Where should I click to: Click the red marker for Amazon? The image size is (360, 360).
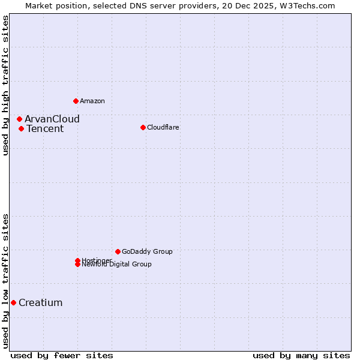coord(76,101)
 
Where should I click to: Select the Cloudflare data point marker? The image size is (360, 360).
coord(143,127)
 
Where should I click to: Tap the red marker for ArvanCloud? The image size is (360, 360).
coord(19,119)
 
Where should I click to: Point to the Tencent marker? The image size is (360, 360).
coord(21,128)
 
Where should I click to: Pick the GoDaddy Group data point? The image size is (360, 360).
coord(118,251)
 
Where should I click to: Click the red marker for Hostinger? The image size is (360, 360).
coord(77,260)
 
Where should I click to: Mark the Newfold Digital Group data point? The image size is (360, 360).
coord(77,265)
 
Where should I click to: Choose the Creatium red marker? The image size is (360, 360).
coord(13,302)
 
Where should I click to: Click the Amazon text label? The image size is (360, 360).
coord(92,101)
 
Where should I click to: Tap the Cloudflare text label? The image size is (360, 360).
coord(163,127)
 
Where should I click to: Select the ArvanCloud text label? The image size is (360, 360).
coord(52,119)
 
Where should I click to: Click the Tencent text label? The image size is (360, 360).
coord(45,128)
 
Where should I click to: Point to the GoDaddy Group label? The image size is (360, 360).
coord(147,251)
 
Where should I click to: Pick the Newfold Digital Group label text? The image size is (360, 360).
coord(117,265)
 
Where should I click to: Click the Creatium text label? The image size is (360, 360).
coord(41,302)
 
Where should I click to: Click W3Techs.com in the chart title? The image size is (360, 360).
coord(307,5)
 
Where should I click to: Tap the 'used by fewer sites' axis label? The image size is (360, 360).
coord(62,355)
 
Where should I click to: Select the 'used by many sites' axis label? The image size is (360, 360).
coord(301,355)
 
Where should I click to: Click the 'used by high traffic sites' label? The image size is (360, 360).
coord(5,85)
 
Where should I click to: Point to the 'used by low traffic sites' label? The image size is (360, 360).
coord(5,280)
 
